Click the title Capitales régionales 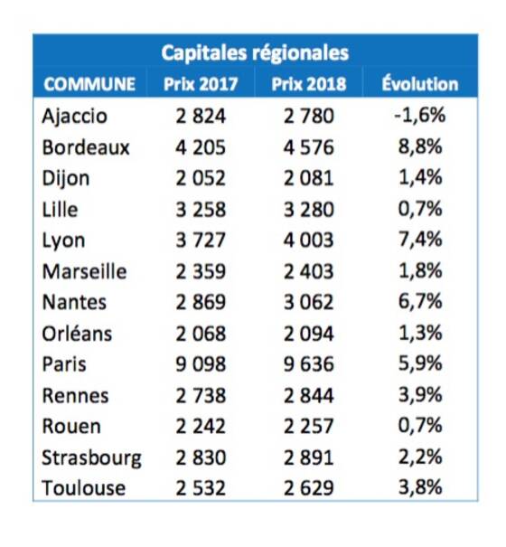pyautogui.click(x=255, y=53)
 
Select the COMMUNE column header pyautogui.click(x=89, y=84)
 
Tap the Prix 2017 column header pyautogui.click(x=201, y=84)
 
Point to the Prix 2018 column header pyautogui.click(x=309, y=84)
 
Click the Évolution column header pyautogui.click(x=420, y=83)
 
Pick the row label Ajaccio pyautogui.click(x=74, y=116)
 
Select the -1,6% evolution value pyautogui.click(x=420, y=115)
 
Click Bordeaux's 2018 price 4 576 pyautogui.click(x=309, y=147)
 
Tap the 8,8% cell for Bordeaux pyautogui.click(x=420, y=146)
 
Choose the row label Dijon pyautogui.click(x=66, y=178)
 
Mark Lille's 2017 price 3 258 pyautogui.click(x=201, y=210)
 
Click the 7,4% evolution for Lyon pyautogui.click(x=420, y=240)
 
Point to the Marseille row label pyautogui.click(x=84, y=271)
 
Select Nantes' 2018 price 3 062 pyautogui.click(x=309, y=302)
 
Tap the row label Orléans pyautogui.click(x=77, y=333)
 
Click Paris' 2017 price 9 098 pyautogui.click(x=201, y=364)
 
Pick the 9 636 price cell pyautogui.click(x=309, y=364)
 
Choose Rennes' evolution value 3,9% pyautogui.click(x=420, y=394)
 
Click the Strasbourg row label pyautogui.click(x=91, y=458)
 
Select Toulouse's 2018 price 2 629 pyautogui.click(x=309, y=488)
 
